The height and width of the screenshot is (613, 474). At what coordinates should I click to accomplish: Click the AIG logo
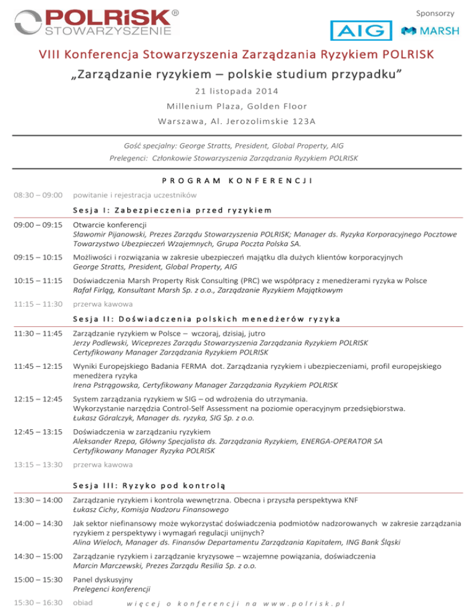361,31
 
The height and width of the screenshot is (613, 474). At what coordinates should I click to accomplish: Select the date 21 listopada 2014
237,91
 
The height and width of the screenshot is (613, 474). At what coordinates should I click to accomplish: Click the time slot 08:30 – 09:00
36,195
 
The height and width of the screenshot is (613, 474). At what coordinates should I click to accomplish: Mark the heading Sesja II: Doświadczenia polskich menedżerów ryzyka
207,319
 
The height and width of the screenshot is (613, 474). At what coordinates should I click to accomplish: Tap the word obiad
83,601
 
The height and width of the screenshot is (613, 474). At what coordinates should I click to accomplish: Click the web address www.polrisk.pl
304,603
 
